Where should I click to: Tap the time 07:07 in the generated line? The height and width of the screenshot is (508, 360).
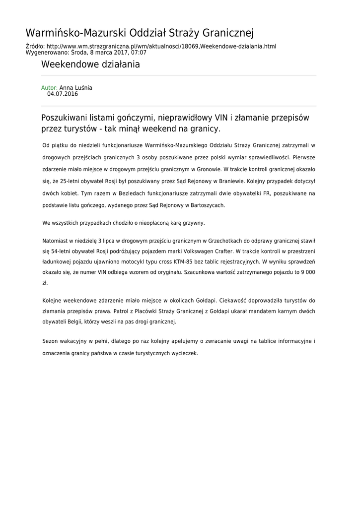(x=139, y=52)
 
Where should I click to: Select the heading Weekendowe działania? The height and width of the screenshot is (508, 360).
(x=90, y=64)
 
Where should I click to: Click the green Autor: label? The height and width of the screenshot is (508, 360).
(x=49, y=88)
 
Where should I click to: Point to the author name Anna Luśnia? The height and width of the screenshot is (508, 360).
(x=76, y=88)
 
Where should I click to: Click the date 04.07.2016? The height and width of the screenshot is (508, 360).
(x=63, y=94)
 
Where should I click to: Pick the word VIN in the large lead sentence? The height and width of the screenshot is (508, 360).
(x=221, y=118)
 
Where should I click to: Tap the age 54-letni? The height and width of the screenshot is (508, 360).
(x=64, y=251)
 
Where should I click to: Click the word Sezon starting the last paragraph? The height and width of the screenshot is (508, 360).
(x=51, y=341)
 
